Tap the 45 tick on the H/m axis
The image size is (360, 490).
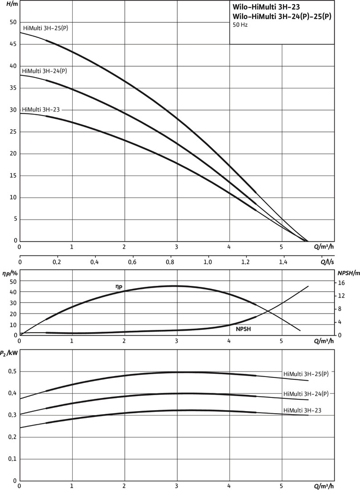12,44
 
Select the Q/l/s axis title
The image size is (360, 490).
328,262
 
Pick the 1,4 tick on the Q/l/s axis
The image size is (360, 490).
283,262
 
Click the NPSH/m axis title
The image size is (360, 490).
348,273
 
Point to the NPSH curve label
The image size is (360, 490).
244,328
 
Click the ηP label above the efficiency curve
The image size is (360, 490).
118,286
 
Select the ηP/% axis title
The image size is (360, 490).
9,273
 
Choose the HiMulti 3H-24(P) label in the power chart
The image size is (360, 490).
305,393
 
